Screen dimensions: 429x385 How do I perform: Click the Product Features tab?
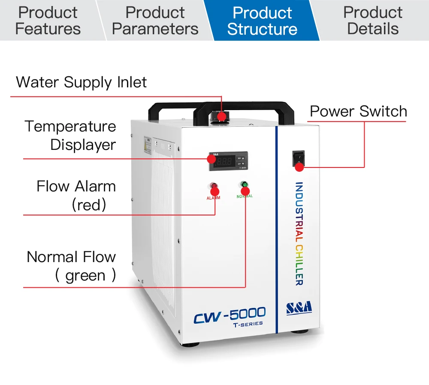pyautogui.click(x=48, y=21)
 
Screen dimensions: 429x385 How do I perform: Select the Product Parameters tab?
pyautogui.click(x=155, y=21)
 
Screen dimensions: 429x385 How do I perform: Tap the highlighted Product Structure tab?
pyautogui.click(x=262, y=21)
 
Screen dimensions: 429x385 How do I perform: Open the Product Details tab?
pyautogui.click(x=373, y=21)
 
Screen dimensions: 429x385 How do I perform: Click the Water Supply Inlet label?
pyautogui.click(x=82, y=82)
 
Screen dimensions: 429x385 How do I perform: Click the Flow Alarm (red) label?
pyautogui.click(x=76, y=195)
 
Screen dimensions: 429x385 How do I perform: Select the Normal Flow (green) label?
pyautogui.click(x=72, y=266)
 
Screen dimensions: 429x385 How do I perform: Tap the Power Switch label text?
pyautogui.click(x=358, y=111)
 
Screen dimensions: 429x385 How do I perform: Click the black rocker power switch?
pyautogui.click(x=298, y=158)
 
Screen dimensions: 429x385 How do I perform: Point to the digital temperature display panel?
pyautogui.click(x=228, y=161)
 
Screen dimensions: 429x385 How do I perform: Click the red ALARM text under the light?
pyautogui.click(x=213, y=198)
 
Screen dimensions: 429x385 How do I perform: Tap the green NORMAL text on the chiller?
pyautogui.click(x=245, y=196)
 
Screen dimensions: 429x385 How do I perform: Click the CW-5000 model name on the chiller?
pyautogui.click(x=230, y=316)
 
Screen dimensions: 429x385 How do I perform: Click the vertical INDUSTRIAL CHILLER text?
pyautogui.click(x=299, y=233)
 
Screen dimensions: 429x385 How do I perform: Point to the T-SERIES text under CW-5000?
pyautogui.click(x=248, y=323)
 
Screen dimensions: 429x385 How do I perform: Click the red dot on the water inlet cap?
pyautogui.click(x=222, y=116)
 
